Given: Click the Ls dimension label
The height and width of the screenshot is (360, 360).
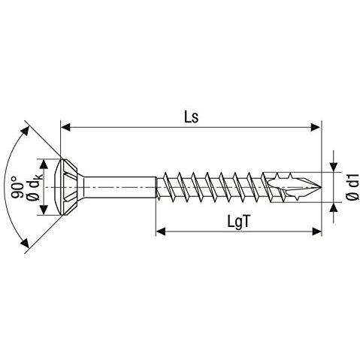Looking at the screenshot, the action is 191,116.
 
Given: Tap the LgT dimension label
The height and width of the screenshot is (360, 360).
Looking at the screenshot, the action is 238,222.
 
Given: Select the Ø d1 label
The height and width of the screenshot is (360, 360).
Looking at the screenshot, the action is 352,186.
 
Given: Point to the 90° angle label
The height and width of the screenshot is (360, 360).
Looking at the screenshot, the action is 17,188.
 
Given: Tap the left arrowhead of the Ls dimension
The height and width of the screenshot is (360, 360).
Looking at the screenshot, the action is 65,127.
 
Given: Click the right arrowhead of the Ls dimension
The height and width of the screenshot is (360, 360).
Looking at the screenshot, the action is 316,127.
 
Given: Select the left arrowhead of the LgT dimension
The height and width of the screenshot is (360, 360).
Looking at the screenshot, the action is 161,231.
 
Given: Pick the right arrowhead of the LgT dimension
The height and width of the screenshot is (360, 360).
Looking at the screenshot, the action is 316,231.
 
